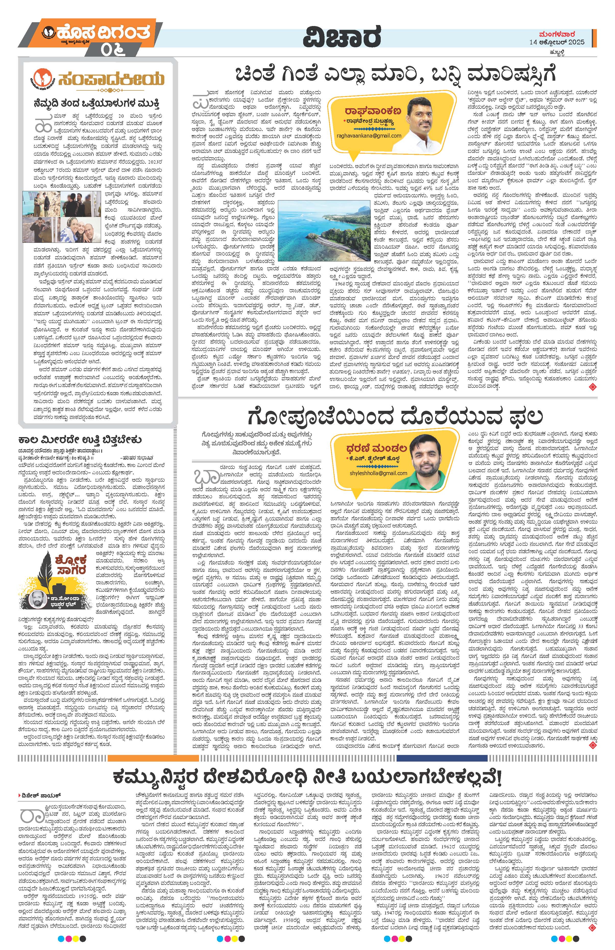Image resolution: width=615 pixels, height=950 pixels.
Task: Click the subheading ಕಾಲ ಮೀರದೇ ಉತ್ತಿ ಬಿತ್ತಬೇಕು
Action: coord(80,439)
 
